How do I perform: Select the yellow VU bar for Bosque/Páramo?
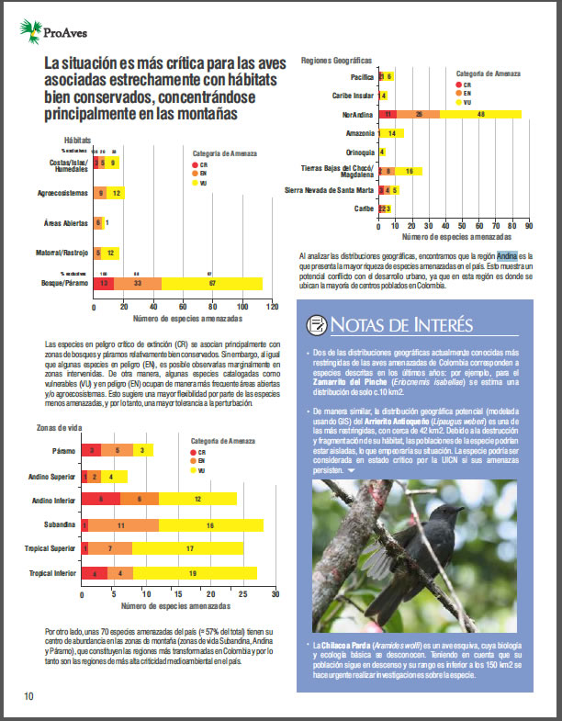coord(213,284)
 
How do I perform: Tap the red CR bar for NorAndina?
coord(388,114)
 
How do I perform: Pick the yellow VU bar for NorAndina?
coord(480,114)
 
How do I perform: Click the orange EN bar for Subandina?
coord(120,524)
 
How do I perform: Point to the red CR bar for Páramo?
coord(92,450)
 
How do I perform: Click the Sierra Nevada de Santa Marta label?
coord(329,190)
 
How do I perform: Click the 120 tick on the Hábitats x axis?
coord(270,306)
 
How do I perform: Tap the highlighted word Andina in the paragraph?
coord(508,254)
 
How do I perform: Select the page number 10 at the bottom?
coord(29,696)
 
